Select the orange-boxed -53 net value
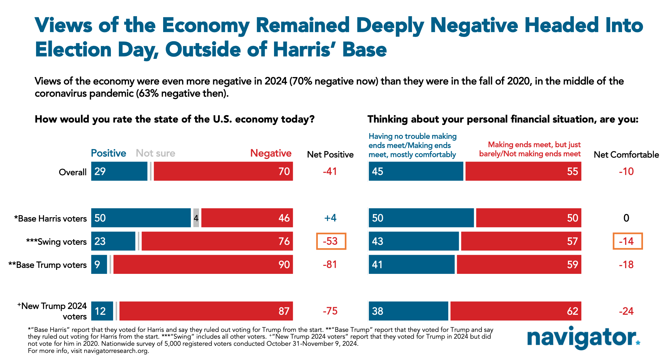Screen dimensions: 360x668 [331, 241]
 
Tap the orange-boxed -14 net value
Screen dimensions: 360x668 [627, 241]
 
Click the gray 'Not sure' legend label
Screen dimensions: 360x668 [155, 153]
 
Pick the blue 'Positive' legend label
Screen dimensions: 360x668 [108, 153]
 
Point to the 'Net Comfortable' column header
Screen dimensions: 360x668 [626, 154]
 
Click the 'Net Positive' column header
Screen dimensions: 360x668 [330, 154]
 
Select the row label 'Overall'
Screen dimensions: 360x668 [72, 172]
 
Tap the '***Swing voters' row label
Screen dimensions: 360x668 [56, 242]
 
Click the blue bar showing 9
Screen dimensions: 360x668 [99, 264]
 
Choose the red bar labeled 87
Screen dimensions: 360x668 [206, 311]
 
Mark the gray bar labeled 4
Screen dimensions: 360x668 [196, 218]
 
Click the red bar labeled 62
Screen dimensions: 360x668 [516, 311]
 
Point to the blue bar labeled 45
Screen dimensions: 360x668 [416, 171]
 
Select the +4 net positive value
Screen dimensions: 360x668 [330, 218]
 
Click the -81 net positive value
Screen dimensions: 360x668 [330, 264]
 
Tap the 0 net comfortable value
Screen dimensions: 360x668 [626, 218]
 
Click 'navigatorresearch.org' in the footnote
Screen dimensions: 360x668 [116, 351]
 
